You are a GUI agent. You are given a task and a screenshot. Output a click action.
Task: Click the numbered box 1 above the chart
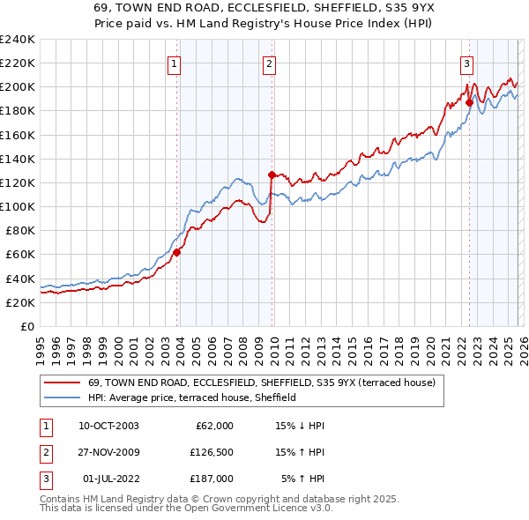[175, 63]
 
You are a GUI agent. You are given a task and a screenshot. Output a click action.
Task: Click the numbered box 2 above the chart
[268, 63]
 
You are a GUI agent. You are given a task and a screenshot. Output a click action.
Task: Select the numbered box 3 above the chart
[466, 63]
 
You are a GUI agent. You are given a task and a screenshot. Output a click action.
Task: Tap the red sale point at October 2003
[176, 252]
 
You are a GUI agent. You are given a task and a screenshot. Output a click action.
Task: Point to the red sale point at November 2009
[272, 175]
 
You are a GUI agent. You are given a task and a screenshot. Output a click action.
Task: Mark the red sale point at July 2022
[469, 102]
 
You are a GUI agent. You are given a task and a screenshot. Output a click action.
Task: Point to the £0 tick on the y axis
[28, 326]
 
